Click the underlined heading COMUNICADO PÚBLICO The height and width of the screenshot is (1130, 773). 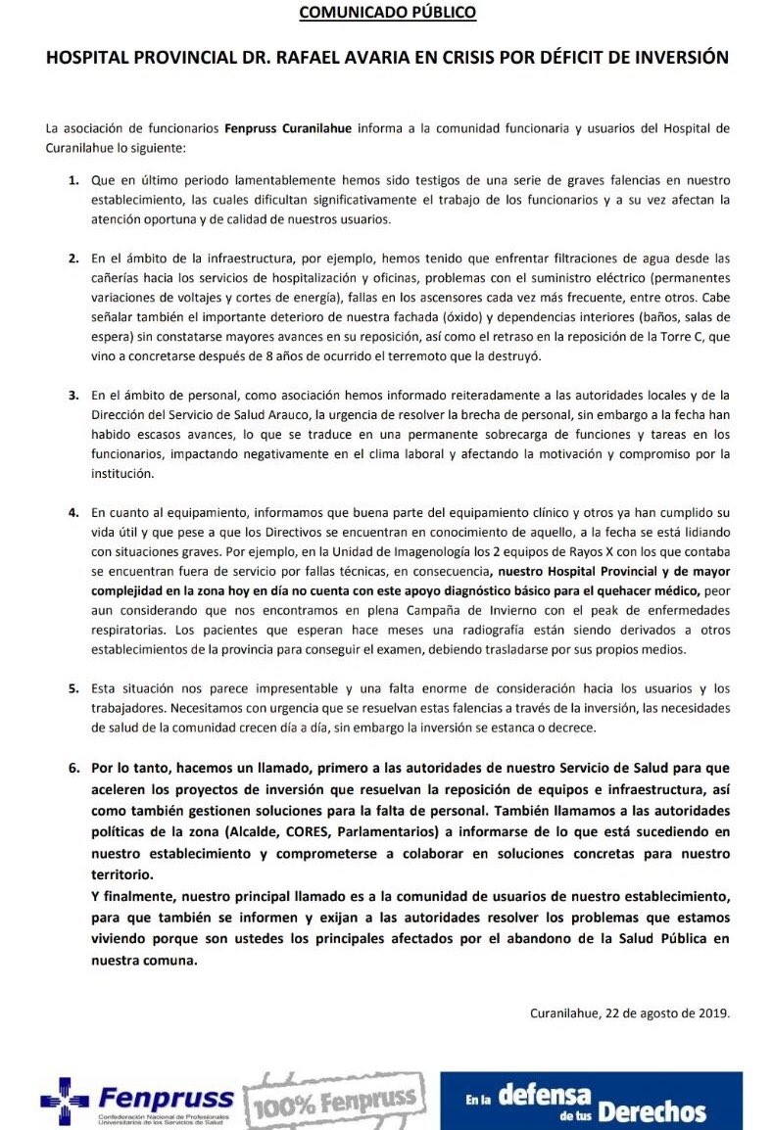387,13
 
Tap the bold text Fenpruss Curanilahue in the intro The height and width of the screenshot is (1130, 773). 291,128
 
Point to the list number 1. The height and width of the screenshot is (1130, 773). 72,182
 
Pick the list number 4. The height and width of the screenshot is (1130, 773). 72,512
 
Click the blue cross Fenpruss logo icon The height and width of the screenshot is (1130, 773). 64,1101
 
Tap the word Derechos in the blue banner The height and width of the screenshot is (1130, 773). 652,1112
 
